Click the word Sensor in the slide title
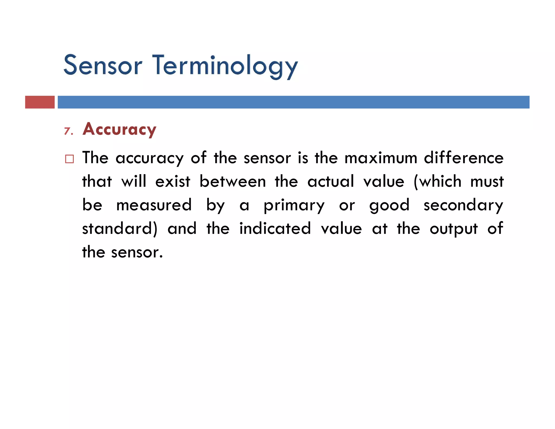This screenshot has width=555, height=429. click(x=103, y=65)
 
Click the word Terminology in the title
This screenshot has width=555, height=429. click(x=225, y=66)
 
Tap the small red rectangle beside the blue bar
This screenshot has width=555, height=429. click(x=40, y=102)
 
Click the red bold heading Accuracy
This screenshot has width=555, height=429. click(x=120, y=129)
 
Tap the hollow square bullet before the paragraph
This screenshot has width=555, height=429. click(x=69, y=159)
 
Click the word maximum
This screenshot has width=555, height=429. click(x=381, y=158)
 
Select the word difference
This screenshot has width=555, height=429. click(x=464, y=158)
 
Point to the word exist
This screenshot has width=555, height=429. click(x=173, y=181)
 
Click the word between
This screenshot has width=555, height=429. click(x=233, y=181)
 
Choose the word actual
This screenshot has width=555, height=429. click(x=331, y=181)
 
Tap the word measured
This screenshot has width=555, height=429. click(x=154, y=205)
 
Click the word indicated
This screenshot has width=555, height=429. click(x=275, y=229)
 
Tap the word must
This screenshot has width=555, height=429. click(x=487, y=181)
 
